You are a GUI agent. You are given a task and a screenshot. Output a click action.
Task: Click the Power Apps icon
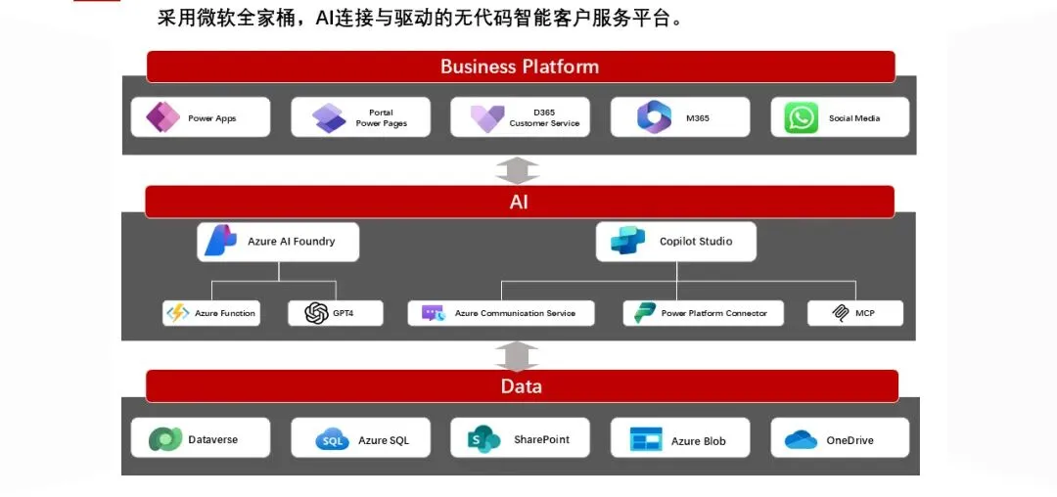pos(161,117)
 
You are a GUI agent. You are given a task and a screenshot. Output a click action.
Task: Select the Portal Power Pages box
pos(360,117)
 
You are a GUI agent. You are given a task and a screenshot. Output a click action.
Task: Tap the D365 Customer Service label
pos(544,118)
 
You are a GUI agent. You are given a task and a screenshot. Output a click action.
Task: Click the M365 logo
pos(654,117)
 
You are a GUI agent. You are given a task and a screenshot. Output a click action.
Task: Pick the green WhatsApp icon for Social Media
pos(801,118)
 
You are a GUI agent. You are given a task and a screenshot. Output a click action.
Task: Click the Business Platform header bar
pos(520,67)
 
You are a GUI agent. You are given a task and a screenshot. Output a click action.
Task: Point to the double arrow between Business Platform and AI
pos(518,170)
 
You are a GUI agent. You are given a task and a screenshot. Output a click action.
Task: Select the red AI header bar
pos(520,202)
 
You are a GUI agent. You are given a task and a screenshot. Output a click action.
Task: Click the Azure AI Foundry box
pos(278,242)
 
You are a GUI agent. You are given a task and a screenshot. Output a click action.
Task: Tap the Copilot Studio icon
pos(627,241)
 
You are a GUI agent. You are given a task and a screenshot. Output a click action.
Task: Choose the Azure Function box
pos(211,313)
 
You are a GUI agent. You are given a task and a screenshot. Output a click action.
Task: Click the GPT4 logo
pos(316,313)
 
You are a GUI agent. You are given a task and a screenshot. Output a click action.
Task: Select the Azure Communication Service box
pos(500,313)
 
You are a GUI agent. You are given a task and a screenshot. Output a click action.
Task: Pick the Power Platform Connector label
pos(713,313)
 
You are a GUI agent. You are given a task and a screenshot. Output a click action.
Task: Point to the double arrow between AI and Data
pos(518,355)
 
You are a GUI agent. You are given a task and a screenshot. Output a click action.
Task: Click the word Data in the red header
pos(521,386)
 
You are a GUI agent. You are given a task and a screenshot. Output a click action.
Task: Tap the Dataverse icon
pos(164,439)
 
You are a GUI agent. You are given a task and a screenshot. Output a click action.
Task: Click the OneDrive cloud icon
pos(801,440)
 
